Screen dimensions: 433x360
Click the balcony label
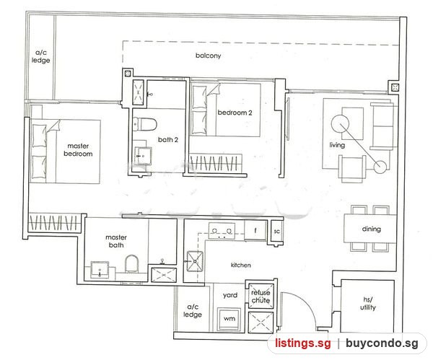tap(209, 56)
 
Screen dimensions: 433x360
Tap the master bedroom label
tap(78, 149)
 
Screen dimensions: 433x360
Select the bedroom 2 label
tap(235, 113)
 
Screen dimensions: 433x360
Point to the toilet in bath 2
tap(145, 124)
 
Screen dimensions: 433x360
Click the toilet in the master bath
tap(131, 263)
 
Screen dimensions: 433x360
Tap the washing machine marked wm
tap(229, 319)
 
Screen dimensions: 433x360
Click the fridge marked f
tap(255, 230)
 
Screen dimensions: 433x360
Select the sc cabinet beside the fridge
tap(276, 232)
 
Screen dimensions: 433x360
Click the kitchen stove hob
tap(222, 231)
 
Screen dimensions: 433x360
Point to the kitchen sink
tap(195, 261)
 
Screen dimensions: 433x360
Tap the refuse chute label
tap(261, 297)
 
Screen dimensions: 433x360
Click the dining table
tap(370, 229)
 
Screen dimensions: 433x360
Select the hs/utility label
tap(368, 304)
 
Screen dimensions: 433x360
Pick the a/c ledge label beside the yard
tap(193, 311)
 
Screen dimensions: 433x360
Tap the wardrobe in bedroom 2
tap(216, 163)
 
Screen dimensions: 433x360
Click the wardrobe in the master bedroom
tap(55, 222)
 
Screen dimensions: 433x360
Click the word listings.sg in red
tap(302, 343)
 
